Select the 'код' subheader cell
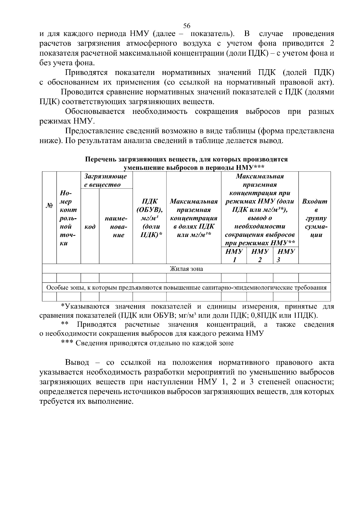click(90, 227)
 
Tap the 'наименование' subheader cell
click(116, 227)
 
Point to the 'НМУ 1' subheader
click(234, 255)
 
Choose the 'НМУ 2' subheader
click(260, 255)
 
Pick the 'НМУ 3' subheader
click(285, 255)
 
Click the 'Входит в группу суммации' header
click(314, 218)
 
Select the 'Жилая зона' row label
click(186, 269)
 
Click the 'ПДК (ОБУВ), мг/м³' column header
click(149, 218)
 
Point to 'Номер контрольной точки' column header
click(68, 218)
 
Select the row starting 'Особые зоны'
click(186, 288)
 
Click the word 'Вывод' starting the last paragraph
click(77, 363)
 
